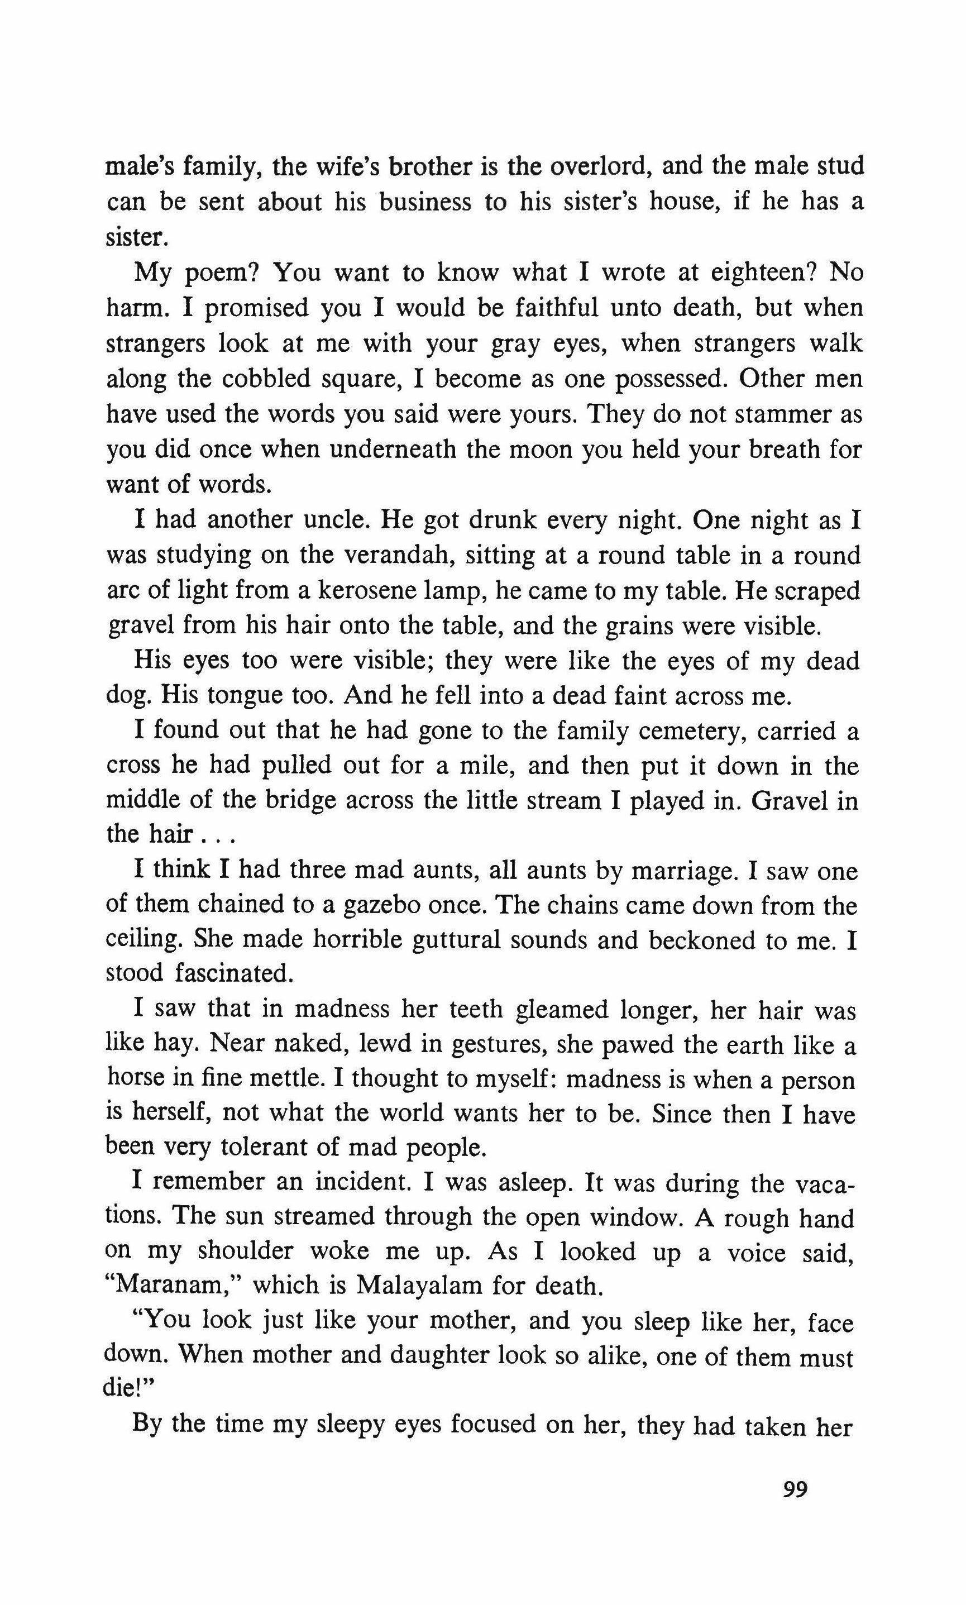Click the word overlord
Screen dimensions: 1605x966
tap(600, 168)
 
